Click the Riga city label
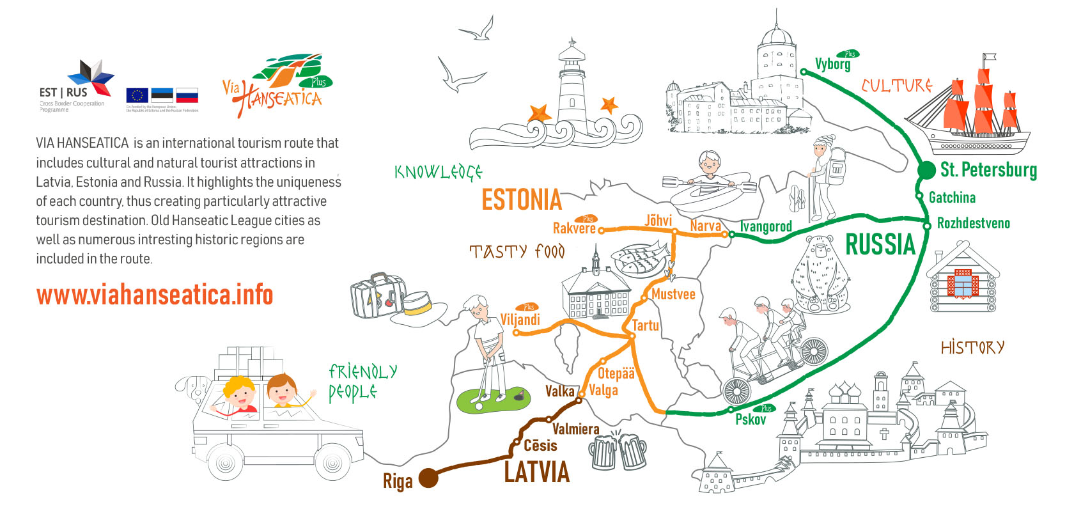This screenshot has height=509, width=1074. (x=398, y=481)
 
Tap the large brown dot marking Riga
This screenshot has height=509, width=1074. (x=428, y=478)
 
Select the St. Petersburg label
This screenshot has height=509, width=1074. (x=988, y=170)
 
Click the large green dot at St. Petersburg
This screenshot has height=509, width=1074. (x=926, y=170)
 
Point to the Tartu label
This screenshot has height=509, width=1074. (x=646, y=325)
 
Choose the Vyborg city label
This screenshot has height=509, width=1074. (x=832, y=64)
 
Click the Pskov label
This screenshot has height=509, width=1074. (x=750, y=419)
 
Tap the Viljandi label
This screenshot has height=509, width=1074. (x=520, y=319)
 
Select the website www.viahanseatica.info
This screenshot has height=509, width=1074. (x=155, y=295)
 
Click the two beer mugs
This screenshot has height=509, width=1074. (x=617, y=451)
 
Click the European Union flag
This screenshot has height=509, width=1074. (x=137, y=96)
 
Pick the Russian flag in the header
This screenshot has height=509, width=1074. (x=187, y=96)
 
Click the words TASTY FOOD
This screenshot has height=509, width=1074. (x=517, y=251)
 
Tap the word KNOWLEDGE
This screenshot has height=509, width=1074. (x=438, y=172)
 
